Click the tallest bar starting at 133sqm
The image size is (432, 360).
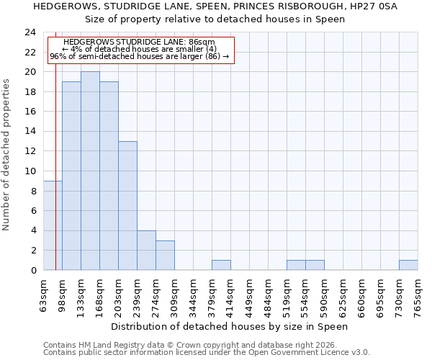(x=90, y=171)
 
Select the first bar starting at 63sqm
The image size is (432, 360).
(x=53, y=225)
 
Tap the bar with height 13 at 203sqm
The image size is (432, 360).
(x=127, y=206)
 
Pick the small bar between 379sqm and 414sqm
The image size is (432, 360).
(x=221, y=265)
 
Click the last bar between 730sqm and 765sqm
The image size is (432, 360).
(x=408, y=265)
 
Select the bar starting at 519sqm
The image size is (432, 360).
(x=296, y=265)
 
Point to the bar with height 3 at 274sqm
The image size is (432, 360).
(x=165, y=256)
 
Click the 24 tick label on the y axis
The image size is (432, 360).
(x=30, y=32)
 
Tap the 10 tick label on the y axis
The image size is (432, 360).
(x=30, y=171)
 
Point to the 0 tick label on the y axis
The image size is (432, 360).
(x=32, y=271)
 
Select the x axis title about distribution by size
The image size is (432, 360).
(x=230, y=326)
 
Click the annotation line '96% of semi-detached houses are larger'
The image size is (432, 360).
(x=140, y=56)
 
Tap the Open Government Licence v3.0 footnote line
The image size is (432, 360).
(x=207, y=353)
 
